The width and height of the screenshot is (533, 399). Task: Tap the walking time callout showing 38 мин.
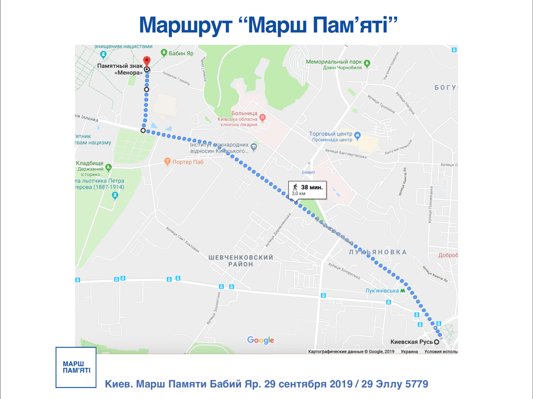[x=307, y=190]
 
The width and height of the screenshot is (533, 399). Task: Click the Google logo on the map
[x=260, y=340]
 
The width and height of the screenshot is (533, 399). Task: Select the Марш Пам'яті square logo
[x=76, y=367]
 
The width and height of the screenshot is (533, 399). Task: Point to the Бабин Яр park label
[x=181, y=53]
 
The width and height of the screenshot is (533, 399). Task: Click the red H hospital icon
[x=263, y=117]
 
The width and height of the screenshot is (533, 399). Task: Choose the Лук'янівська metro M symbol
[x=403, y=291]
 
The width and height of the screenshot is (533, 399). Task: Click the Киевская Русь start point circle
[x=436, y=342]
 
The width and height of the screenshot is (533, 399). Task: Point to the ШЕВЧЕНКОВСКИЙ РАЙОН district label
[x=241, y=261]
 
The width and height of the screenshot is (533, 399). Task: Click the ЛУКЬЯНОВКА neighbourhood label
[x=378, y=252]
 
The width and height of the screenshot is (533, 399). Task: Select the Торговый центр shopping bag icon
[x=357, y=135]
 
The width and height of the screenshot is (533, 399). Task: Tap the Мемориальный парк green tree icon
[x=367, y=63]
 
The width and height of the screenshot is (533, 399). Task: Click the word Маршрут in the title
[x=186, y=25]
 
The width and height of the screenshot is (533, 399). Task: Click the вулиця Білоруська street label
[x=344, y=271]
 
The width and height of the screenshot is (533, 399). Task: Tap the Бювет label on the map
[x=308, y=172]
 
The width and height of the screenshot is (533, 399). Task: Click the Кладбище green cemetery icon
[x=108, y=167]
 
